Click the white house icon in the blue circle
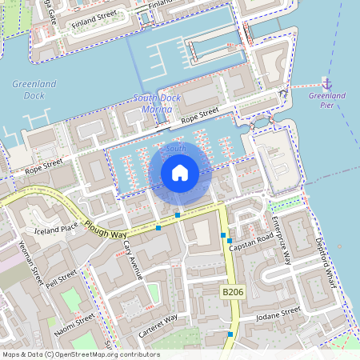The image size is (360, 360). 180,173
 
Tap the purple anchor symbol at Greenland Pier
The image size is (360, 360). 326,83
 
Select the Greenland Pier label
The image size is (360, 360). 326,100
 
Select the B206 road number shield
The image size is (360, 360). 232,294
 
